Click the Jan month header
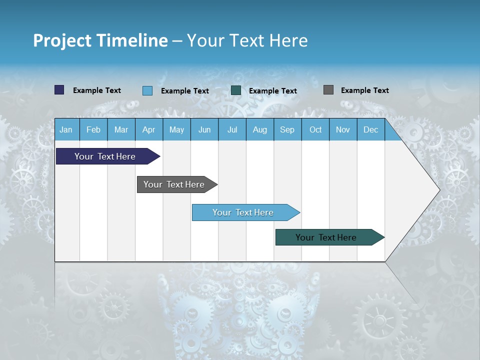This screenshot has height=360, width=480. [x=66, y=130]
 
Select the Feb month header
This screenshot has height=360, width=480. [x=93, y=130]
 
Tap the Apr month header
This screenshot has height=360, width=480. [x=149, y=130]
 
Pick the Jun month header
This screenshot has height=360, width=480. [x=204, y=130]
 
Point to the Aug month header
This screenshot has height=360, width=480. [x=260, y=130]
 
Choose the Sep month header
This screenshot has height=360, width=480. [x=287, y=130]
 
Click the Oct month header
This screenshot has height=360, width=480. [x=315, y=130]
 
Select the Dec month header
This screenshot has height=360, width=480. [x=371, y=130]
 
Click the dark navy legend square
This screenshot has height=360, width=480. [x=59, y=90]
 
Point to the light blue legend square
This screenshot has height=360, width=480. [x=147, y=90]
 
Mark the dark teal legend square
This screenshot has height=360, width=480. [x=236, y=90]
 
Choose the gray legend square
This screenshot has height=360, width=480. [x=328, y=90]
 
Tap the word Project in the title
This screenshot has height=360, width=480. [x=62, y=40]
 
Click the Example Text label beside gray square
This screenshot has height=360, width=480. [x=365, y=90]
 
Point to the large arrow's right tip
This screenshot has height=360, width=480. [x=439, y=190]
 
